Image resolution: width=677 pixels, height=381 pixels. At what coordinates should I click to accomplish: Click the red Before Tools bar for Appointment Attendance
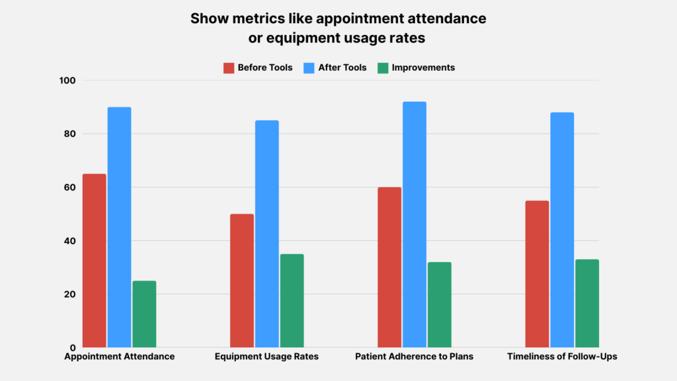[x=95, y=261]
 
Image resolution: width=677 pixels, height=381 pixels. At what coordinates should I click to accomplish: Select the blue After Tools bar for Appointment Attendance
[x=120, y=228]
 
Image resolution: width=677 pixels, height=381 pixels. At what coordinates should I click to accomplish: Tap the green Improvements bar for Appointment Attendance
[x=145, y=314]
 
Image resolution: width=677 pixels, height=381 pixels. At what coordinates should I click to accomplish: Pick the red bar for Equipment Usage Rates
[x=242, y=280]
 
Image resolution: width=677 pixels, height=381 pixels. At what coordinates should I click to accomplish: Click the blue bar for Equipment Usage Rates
[x=267, y=234]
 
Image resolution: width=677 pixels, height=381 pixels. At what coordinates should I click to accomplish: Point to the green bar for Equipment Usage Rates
[x=292, y=301]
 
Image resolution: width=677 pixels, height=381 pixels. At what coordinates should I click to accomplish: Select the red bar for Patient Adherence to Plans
[x=389, y=267]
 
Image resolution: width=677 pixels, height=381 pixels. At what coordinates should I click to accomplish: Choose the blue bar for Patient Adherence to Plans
[x=415, y=225]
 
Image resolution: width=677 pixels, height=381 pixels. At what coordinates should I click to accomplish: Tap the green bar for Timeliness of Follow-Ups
[x=587, y=304]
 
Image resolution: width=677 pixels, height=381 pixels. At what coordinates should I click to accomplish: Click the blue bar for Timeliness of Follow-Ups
[x=562, y=230]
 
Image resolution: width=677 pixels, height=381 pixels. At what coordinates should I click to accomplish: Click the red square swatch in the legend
[x=229, y=67]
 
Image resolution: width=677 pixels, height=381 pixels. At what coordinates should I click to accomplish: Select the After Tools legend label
[x=342, y=67]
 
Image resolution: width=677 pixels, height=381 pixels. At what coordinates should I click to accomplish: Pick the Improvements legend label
[x=423, y=67]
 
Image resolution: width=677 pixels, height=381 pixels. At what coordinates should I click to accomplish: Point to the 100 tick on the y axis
[x=68, y=81]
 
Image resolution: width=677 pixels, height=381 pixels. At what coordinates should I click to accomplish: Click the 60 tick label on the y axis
[x=70, y=188]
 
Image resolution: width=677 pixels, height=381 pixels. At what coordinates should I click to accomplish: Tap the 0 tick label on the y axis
[x=73, y=348]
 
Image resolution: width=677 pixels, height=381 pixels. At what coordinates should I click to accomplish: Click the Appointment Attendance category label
[x=120, y=357]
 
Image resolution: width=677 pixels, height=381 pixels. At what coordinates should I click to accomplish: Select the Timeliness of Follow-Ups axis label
[x=562, y=357]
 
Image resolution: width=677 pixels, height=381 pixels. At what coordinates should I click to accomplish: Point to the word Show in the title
[x=206, y=19]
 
